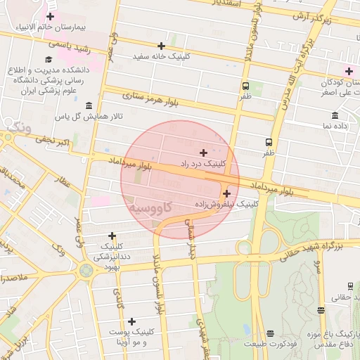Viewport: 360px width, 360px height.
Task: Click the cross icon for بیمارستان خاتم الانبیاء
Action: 50,15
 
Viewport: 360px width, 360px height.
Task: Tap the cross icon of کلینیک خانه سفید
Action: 161,46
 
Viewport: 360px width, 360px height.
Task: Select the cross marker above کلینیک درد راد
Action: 204,153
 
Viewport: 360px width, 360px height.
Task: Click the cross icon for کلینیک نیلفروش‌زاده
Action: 226,193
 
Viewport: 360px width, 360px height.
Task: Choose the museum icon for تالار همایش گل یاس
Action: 89,105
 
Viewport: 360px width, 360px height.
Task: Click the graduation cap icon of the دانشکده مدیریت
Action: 49,59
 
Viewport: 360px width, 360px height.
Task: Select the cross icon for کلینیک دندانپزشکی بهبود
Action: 112,236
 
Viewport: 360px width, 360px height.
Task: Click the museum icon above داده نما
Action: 335,115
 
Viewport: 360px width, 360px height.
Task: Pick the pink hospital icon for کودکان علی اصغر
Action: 349,70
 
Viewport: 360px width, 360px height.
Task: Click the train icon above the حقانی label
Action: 349,286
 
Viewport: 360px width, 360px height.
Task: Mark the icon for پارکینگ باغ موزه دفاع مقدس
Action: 321,310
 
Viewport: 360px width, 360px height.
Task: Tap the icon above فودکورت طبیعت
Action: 271,333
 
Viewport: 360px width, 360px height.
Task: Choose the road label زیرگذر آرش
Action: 311,15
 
